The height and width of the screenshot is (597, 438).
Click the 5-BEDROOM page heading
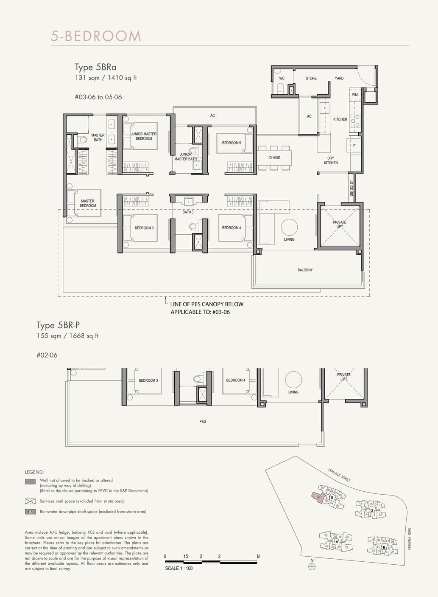click(x=96, y=36)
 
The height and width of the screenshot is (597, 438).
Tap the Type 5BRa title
click(x=95, y=67)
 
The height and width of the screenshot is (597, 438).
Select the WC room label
click(x=282, y=79)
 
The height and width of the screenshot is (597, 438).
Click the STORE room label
click(x=311, y=79)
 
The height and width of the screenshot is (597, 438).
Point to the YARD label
click(x=339, y=79)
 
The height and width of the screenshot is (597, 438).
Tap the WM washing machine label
click(x=355, y=95)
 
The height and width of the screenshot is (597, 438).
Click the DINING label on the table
click(x=275, y=158)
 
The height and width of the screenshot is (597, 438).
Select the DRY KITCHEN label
click(x=331, y=161)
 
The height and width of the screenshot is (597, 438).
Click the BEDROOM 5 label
click(x=232, y=143)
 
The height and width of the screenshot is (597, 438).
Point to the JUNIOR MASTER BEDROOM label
click(x=144, y=136)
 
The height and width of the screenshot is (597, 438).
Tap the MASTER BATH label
click(x=98, y=138)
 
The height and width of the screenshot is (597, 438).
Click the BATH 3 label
click(x=188, y=212)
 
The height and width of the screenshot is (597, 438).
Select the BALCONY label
click(x=305, y=270)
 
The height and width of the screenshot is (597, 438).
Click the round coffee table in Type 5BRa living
click(x=290, y=227)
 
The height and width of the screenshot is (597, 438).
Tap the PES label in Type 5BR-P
click(x=203, y=422)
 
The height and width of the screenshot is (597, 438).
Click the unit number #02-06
click(x=47, y=355)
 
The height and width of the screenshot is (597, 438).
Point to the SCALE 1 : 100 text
click(x=179, y=569)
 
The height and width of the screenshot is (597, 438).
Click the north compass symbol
click(x=312, y=566)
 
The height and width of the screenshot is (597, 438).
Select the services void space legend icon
click(x=30, y=501)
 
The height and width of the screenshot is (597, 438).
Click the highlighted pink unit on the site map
click(x=316, y=496)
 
